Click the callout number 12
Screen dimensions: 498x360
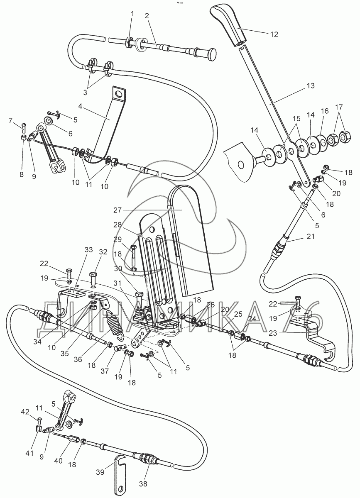[x=274, y=34]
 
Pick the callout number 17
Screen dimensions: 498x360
[x=339, y=106]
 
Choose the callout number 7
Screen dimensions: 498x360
[x=11, y=120]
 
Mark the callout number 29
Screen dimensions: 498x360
[x=118, y=240]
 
